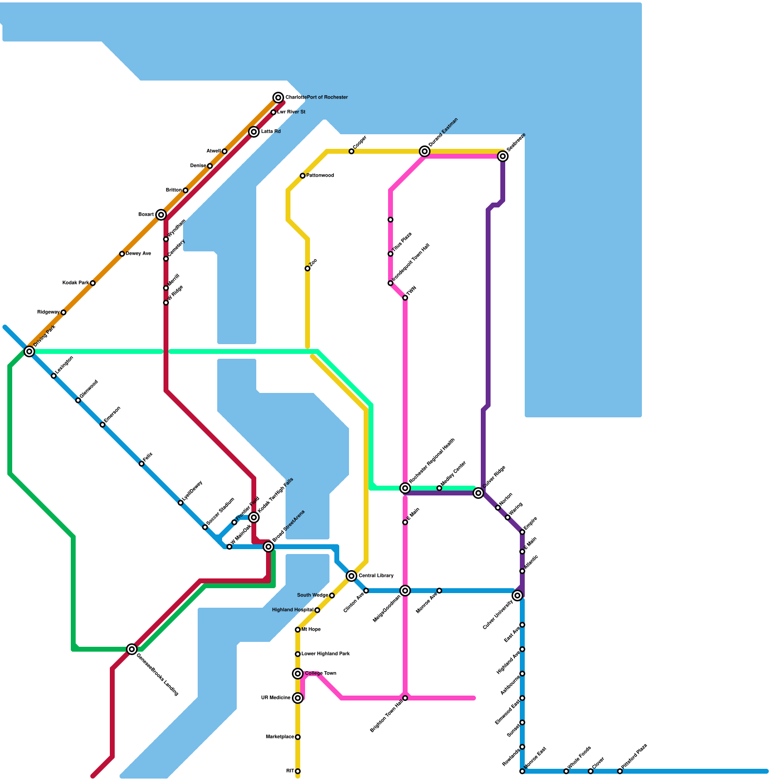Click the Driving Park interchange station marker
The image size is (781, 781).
point(29,351)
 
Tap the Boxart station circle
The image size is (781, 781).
point(161,215)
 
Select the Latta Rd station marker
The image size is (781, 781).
point(254,132)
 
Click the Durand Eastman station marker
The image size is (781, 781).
point(425,151)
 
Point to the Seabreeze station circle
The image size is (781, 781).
point(503,156)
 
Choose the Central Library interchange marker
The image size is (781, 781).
point(351,576)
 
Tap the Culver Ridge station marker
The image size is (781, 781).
point(478,493)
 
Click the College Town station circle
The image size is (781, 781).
point(298,674)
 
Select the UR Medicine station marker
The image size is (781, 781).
point(298,698)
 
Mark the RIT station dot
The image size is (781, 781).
point(298,771)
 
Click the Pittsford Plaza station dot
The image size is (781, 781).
point(620,771)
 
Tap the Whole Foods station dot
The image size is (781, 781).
point(566,771)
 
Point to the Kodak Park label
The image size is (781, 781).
point(76,283)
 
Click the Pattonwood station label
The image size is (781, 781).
point(320,176)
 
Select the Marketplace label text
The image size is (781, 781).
point(280,737)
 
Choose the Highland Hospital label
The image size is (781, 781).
point(292,610)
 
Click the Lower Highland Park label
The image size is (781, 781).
point(326,654)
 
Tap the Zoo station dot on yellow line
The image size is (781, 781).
point(308,268)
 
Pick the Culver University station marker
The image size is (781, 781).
point(517,596)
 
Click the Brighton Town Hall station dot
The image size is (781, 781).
point(405,698)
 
